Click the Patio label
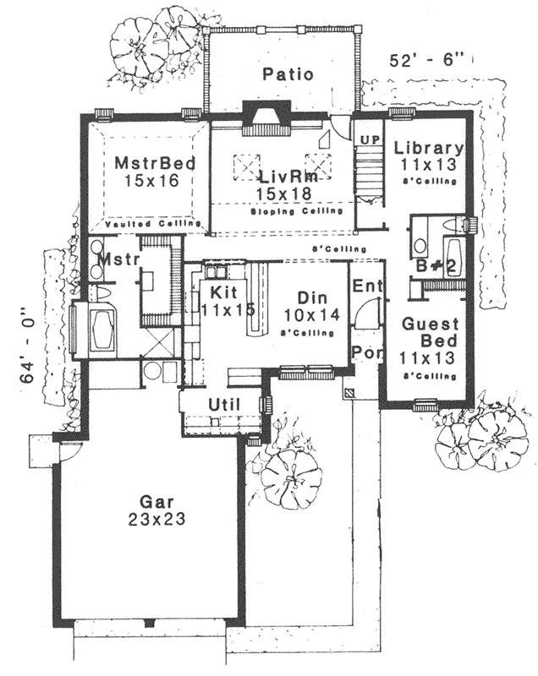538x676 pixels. point(288,74)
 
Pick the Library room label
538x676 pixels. point(429,147)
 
